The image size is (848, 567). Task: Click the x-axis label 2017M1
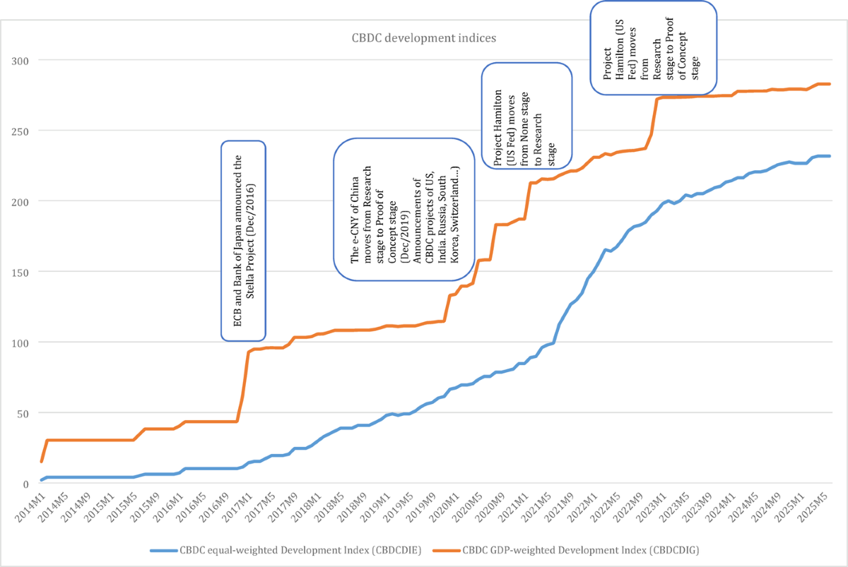click(237, 510)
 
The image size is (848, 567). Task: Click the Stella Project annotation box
click(244, 240)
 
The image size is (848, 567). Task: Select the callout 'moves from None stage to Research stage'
click(526, 115)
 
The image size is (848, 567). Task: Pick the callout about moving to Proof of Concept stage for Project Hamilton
click(654, 47)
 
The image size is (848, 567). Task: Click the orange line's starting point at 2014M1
click(42, 461)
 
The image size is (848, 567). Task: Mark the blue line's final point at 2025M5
click(829, 156)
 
